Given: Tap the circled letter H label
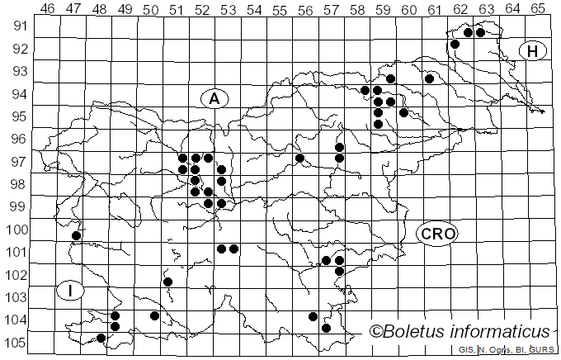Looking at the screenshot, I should click(533, 52).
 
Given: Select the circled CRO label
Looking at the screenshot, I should click(436, 234).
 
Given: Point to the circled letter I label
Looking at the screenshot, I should click(72, 291).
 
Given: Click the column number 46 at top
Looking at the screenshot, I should click(48, 8).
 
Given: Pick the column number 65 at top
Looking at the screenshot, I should click(538, 8).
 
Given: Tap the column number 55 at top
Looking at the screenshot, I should click(280, 8).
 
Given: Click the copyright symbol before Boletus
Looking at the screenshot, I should click(375, 332).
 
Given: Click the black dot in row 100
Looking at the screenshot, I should click(76, 236).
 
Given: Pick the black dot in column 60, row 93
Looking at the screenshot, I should click(429, 78).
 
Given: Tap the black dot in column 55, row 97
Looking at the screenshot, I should click(299, 158).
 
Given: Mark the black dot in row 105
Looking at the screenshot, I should click(101, 338).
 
